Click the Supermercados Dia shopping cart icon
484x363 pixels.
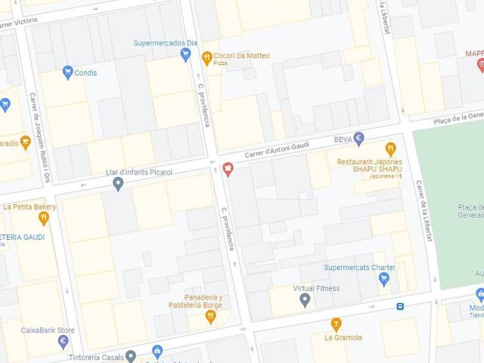point(185,54)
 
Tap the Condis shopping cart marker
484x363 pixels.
point(68,73)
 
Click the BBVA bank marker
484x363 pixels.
point(359,138)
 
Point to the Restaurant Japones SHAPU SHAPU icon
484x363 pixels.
point(390,149)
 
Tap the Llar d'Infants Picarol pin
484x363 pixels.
point(118,184)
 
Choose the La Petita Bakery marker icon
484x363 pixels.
point(44,219)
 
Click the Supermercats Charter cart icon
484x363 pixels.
point(383,279)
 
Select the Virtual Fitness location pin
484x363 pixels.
point(305,300)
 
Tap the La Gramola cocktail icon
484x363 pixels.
point(337,324)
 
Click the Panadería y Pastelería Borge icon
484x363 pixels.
point(211,316)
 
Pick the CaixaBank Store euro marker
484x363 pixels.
point(64,342)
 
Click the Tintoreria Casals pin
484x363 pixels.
point(131,356)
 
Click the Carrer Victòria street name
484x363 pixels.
point(17,23)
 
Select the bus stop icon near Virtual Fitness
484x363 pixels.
point(400,306)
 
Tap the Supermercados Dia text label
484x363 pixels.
point(166,43)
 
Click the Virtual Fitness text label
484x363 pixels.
point(316,288)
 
